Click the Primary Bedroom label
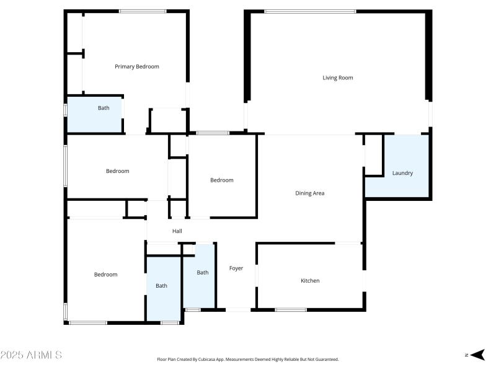pyautogui.click(x=136, y=66)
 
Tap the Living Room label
pyautogui.click(x=337, y=77)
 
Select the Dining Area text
pyautogui.click(x=309, y=193)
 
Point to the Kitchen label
pyautogui.click(x=310, y=281)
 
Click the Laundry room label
pyautogui.click(x=402, y=173)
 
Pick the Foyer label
pyautogui.click(x=236, y=268)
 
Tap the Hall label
pyautogui.click(x=177, y=231)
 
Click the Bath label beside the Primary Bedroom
pyautogui.click(x=104, y=108)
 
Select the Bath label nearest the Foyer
pyautogui.click(x=203, y=272)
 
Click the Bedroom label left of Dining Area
pyautogui.click(x=222, y=180)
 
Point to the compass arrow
pyautogui.click(x=477, y=355)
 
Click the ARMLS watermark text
pyautogui.click(x=30, y=355)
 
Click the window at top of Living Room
pyautogui.click(x=310, y=12)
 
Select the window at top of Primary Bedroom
pyautogui.click(x=143, y=12)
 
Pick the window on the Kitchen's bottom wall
pyautogui.click(x=291, y=309)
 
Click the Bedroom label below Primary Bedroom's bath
pyautogui.click(x=117, y=171)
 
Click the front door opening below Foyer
pyautogui.click(x=238, y=309)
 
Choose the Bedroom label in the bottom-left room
pyautogui.click(x=105, y=275)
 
